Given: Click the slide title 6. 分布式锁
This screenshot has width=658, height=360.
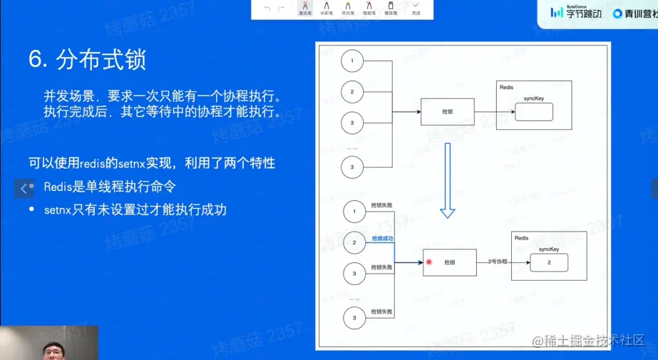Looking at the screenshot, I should [87, 59].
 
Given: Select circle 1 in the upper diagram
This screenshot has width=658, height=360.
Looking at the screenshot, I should [351, 61].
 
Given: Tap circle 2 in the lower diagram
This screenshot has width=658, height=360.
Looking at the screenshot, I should [354, 242].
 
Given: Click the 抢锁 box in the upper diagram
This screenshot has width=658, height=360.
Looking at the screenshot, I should [448, 112].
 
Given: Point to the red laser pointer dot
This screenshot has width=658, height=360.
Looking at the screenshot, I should [429, 262].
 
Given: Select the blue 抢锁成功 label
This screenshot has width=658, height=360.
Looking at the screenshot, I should [382, 238].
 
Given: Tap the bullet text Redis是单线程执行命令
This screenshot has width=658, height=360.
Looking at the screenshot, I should [109, 187].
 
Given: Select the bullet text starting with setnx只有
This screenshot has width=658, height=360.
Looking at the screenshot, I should [135, 210].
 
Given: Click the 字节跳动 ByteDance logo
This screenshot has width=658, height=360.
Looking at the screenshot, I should [576, 12].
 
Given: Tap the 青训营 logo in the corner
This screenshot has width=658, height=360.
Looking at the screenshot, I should [634, 13].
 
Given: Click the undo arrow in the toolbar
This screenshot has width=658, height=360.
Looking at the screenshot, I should [267, 9].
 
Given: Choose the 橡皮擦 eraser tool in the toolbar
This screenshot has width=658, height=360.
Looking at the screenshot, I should [391, 9].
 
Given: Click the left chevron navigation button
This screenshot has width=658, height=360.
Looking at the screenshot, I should [24, 188].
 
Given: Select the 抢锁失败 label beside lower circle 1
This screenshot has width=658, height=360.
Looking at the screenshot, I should [381, 205].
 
